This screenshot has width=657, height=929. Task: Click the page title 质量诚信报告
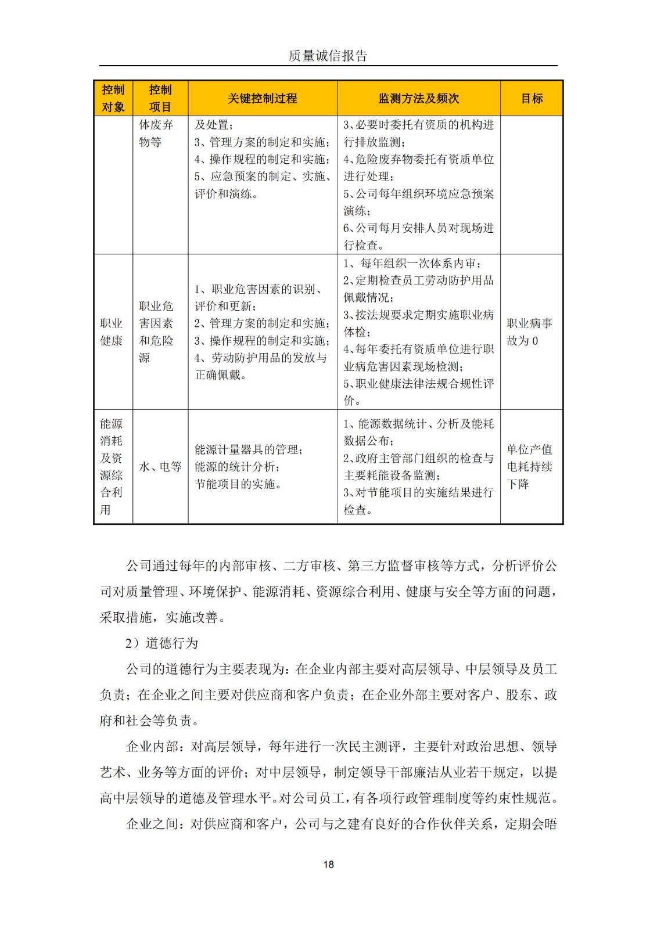(x=328, y=56)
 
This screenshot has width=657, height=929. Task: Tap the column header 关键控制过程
(x=262, y=99)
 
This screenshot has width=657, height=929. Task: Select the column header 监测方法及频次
(x=418, y=99)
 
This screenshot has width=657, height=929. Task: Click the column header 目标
(x=532, y=99)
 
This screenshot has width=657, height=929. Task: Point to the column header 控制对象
(x=113, y=98)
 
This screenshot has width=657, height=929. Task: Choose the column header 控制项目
(x=160, y=98)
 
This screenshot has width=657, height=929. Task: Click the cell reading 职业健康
(x=112, y=332)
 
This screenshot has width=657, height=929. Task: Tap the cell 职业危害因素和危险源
(x=156, y=332)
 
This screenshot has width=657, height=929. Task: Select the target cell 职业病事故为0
(x=529, y=332)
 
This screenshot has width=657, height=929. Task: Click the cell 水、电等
(x=160, y=467)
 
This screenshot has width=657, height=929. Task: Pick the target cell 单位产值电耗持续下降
(x=529, y=467)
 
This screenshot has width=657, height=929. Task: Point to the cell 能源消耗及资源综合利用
(x=112, y=467)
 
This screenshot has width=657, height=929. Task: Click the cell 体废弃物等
(x=156, y=133)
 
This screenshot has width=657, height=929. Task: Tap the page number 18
(x=328, y=865)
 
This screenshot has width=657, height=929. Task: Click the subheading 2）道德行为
(x=161, y=643)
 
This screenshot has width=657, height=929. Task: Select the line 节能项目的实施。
(x=238, y=484)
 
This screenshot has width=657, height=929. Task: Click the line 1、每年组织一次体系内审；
(x=413, y=263)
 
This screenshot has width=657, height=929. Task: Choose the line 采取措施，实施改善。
(x=163, y=617)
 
